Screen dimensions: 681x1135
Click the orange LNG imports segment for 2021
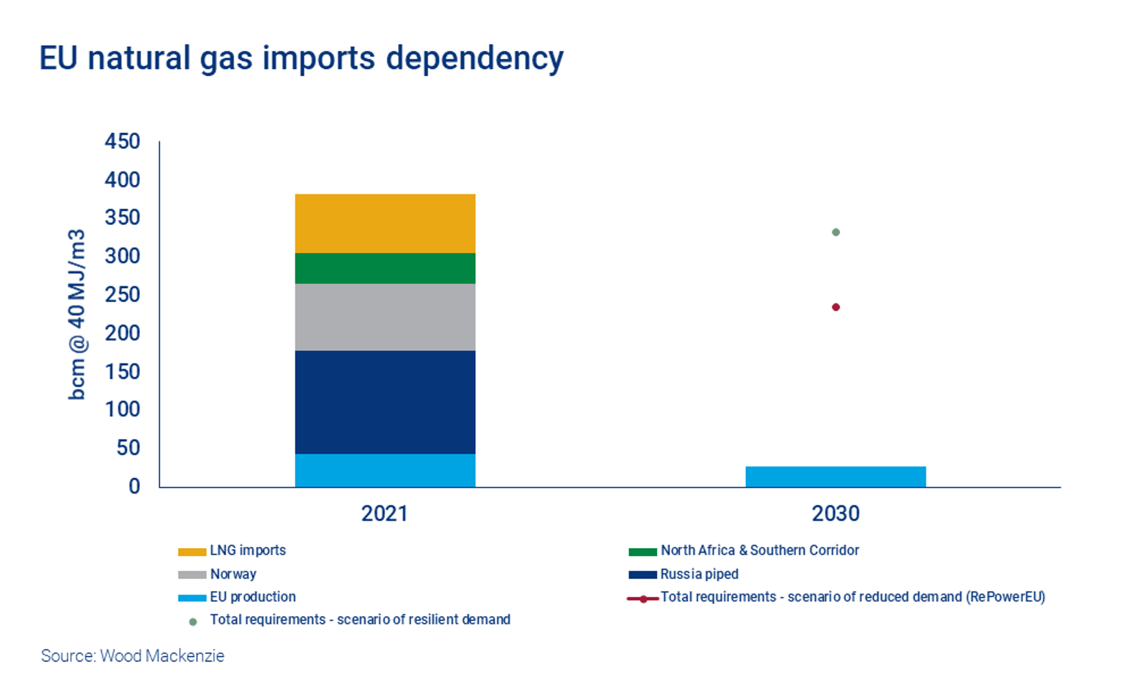tap(385, 223)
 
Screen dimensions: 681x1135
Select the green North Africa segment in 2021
tap(385, 268)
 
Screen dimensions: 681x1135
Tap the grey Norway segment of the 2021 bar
tap(385, 317)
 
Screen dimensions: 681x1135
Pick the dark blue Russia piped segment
tap(385, 402)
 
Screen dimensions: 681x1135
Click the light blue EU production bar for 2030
tap(835, 477)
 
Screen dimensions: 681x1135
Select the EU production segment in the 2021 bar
tap(385, 470)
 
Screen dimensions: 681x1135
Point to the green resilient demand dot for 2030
tap(835, 232)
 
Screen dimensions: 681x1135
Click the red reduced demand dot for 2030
tap(835, 307)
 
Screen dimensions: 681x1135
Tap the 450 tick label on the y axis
tap(122, 141)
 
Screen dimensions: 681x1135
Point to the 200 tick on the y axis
tap(122, 333)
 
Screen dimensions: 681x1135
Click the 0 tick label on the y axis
tap(134, 486)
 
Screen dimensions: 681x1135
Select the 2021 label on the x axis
tap(385, 513)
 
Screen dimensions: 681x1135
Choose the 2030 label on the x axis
tap(835, 513)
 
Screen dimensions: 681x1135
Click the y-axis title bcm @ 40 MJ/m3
tap(76, 314)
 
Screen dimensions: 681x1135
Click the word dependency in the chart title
tap(474, 59)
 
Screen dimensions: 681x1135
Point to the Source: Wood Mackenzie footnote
tap(132, 656)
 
